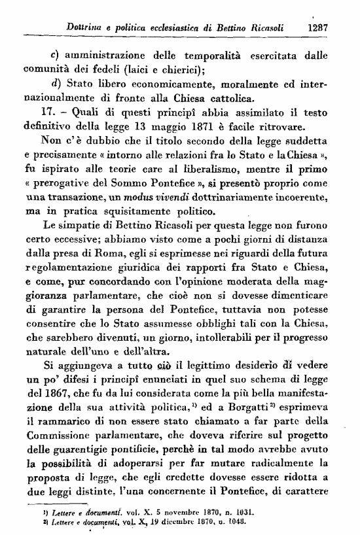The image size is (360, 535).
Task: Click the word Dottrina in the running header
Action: coord(88,28)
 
